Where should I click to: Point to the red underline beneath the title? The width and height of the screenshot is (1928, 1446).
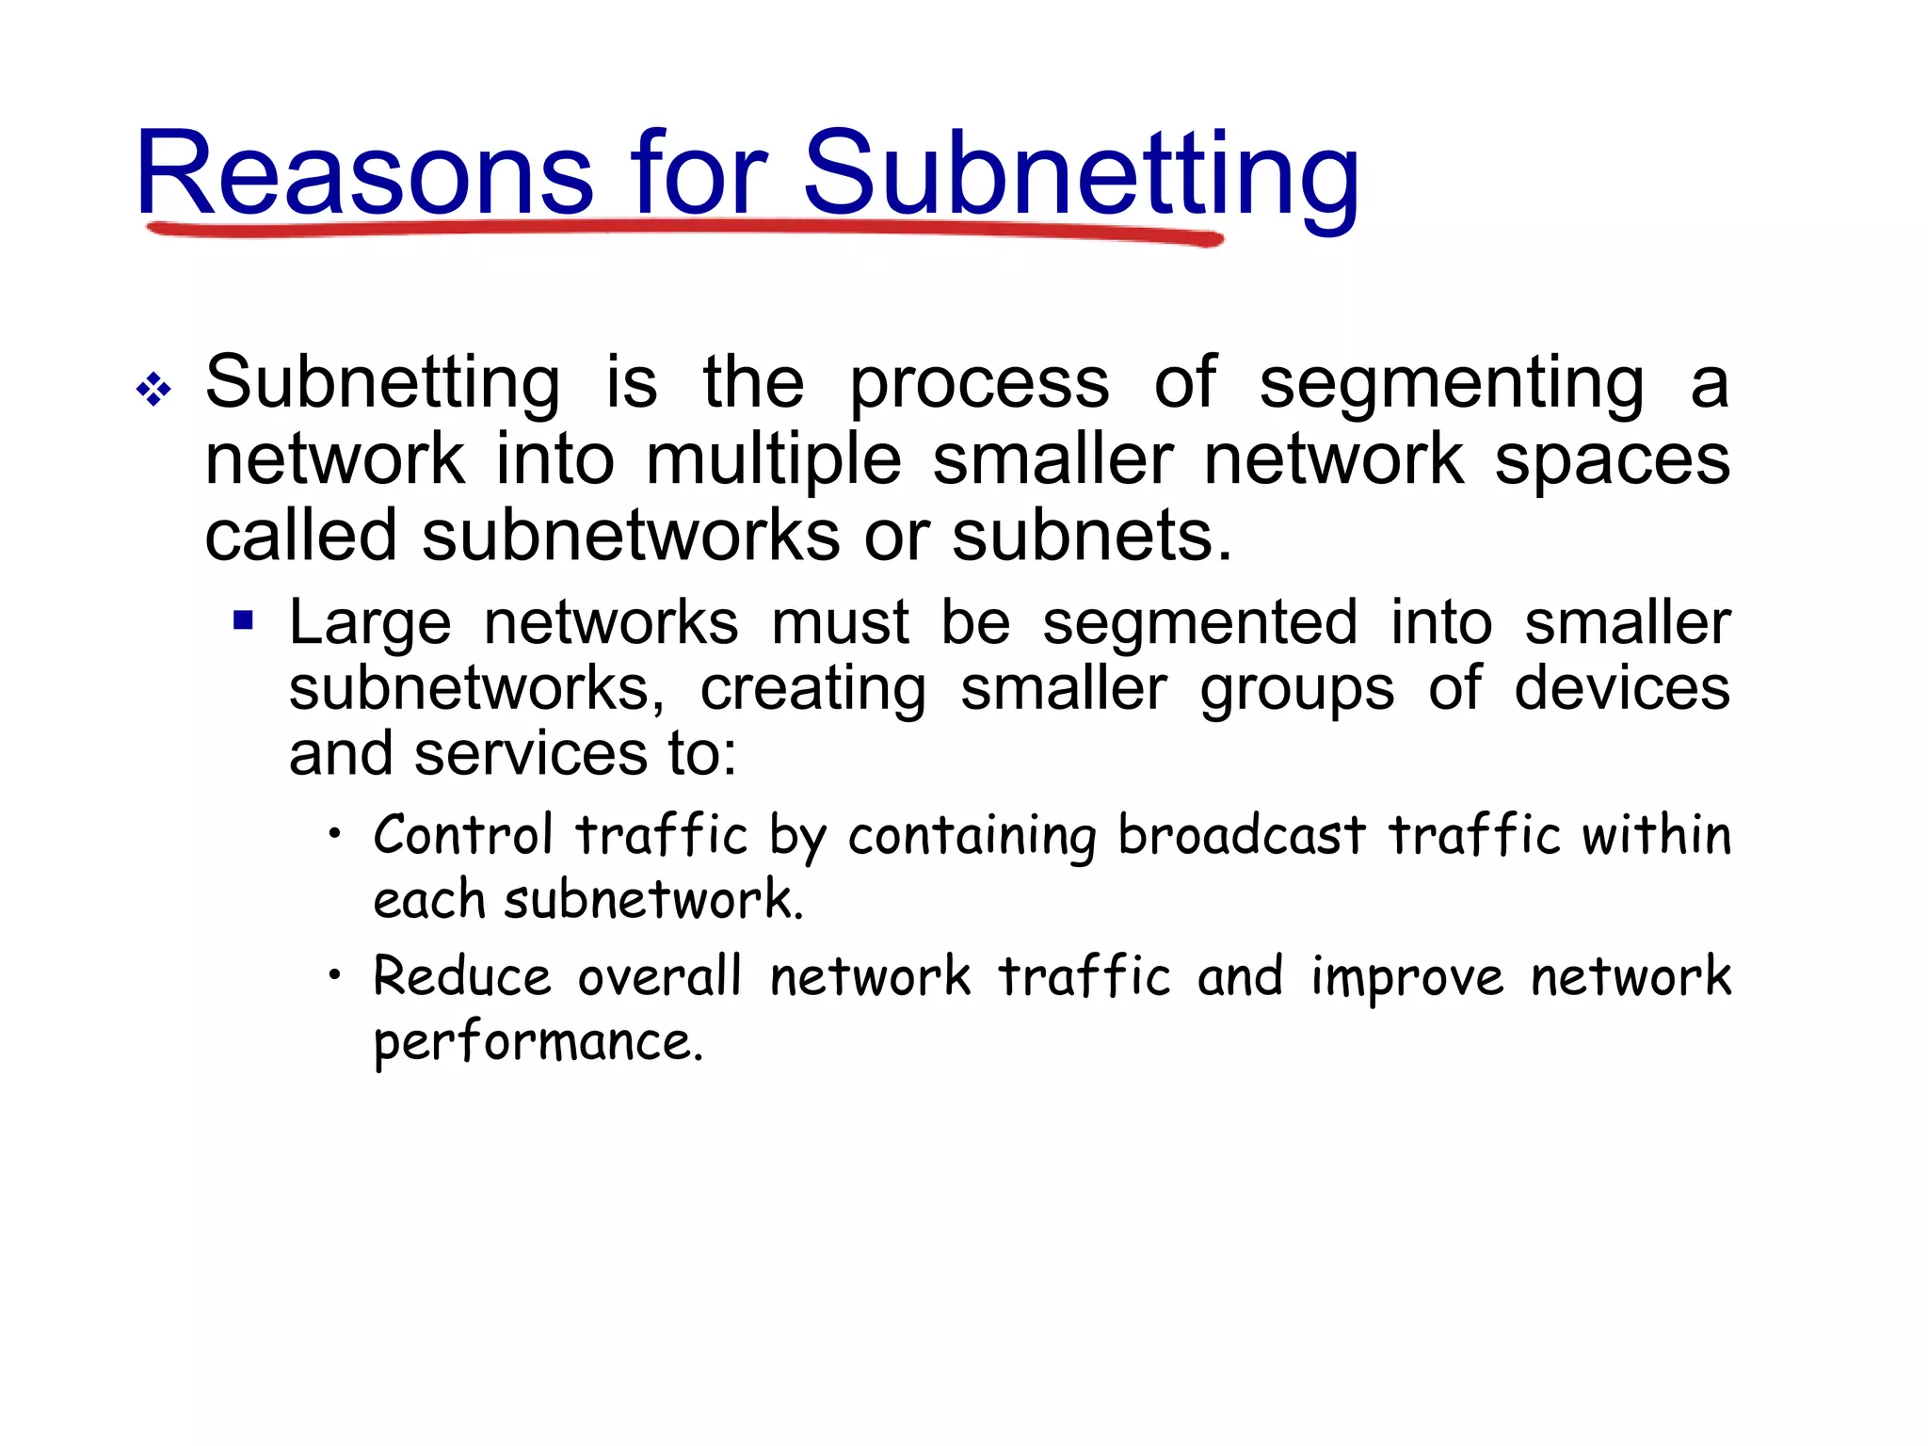[x=684, y=230]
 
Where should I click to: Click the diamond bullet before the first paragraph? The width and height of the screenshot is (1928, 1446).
[x=153, y=388]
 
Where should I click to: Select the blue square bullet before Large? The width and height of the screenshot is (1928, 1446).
[x=244, y=620]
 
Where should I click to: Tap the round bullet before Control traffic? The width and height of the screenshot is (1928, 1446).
[x=334, y=832]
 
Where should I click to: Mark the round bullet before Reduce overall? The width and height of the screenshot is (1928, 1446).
[x=334, y=975]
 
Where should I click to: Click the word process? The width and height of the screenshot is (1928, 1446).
[x=979, y=384]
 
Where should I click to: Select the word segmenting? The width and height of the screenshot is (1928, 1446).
[x=1452, y=384]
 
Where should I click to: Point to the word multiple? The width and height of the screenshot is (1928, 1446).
[x=774, y=460]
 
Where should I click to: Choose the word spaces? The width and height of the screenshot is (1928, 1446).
[x=1612, y=460]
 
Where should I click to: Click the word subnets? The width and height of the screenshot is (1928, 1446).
[x=1091, y=536]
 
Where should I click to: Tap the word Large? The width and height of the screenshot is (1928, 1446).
[x=370, y=624]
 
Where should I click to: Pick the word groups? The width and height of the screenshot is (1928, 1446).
[x=1296, y=689]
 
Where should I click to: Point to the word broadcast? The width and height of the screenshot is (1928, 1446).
[x=1241, y=835]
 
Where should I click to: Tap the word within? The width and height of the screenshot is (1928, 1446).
[x=1656, y=835]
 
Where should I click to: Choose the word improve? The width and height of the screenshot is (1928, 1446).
[x=1407, y=978]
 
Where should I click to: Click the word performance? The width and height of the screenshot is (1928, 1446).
[x=538, y=1043]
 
